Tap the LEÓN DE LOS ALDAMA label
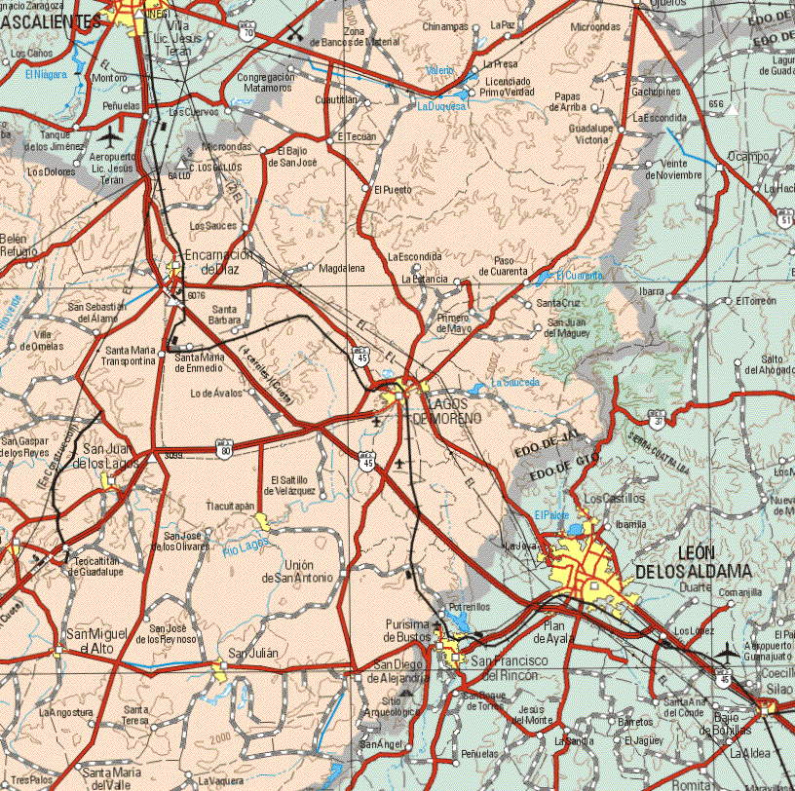692,561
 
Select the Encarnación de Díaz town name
220,262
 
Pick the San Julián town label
253,653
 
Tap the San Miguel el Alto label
89,641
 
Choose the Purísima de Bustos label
407,630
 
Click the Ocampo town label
748,156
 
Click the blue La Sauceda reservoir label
515,383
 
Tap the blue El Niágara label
46,74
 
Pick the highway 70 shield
248,33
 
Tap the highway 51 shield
785,222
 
